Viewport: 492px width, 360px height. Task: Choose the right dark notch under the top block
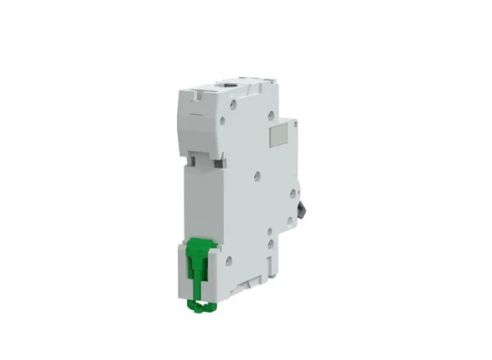point(219,163)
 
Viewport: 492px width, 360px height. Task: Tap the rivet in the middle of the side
point(257,176)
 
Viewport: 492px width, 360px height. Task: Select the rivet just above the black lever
point(293,194)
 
